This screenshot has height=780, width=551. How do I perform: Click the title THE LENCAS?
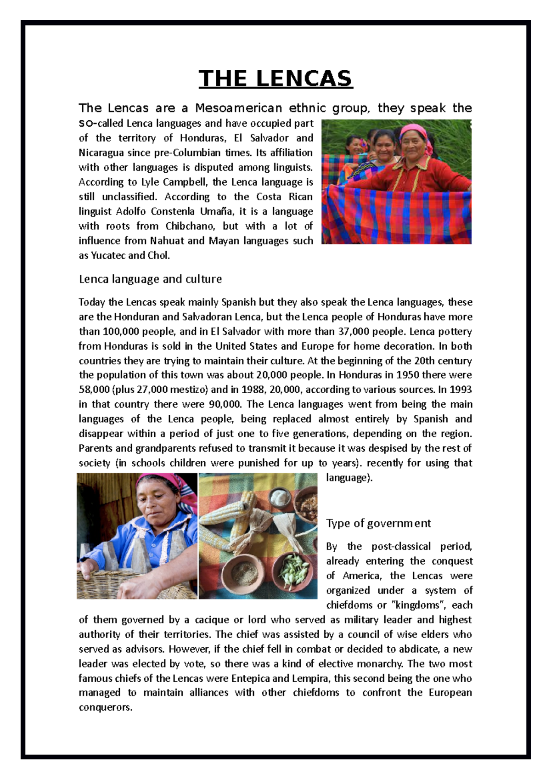[275, 79]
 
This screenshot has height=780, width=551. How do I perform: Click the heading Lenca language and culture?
[150, 279]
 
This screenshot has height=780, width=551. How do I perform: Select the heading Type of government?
[378, 523]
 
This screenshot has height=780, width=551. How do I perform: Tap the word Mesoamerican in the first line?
[238, 108]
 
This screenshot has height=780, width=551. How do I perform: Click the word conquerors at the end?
[105, 707]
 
